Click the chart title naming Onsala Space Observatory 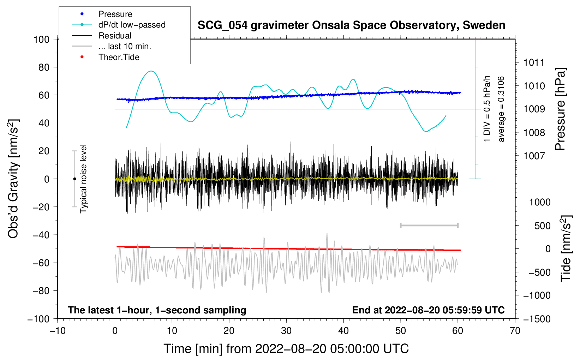pos(351,25)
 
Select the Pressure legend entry pos(102,14)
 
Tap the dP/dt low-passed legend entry pos(119,25)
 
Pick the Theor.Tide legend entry pos(106,57)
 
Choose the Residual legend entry pos(102,36)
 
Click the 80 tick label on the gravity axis pos(44,67)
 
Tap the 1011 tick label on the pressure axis pos(534,62)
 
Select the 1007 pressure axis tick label pos(534,156)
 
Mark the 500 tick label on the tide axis pos(543,226)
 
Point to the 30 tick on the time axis pos(286,331)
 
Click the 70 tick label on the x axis pos(515,331)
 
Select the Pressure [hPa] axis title pos(560,109)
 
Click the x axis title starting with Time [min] pos(286,349)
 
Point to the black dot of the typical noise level pos(74,179)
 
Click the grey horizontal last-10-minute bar pos(429,226)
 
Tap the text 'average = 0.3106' pos(501,109)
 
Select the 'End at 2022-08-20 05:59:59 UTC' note pos(428,310)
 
